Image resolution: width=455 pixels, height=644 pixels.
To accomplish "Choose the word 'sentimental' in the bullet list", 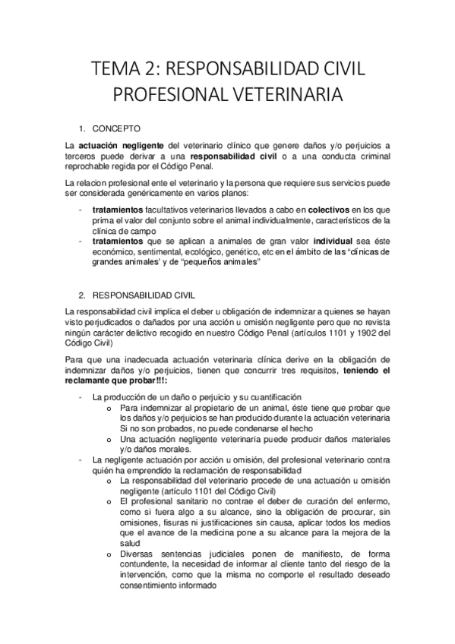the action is [159, 252].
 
